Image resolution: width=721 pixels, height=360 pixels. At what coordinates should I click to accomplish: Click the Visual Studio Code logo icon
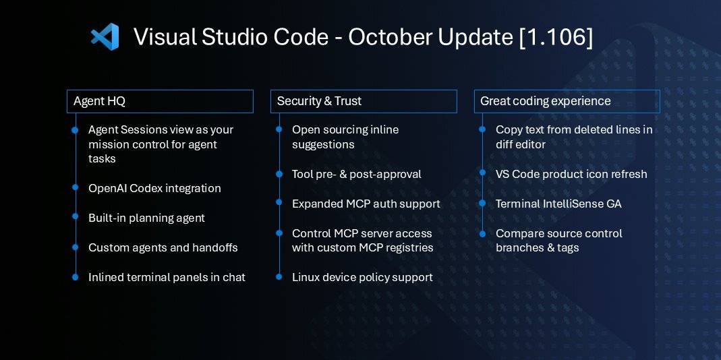pos(105,36)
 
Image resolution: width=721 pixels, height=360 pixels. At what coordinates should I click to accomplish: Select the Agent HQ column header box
pos(160,101)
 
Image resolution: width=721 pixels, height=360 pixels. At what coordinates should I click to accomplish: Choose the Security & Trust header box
pos(364,101)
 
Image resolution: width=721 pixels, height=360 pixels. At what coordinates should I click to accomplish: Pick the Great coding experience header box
pos(567,101)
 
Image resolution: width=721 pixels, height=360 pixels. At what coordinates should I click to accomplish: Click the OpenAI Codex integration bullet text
pos(154,188)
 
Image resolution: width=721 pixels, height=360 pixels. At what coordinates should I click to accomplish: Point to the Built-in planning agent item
pos(146,218)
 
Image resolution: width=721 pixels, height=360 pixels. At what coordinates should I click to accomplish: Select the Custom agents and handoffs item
pos(163,247)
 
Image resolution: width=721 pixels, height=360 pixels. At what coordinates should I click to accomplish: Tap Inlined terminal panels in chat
pos(167,277)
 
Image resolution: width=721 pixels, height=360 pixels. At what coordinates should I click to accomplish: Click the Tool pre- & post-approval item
pos(356,174)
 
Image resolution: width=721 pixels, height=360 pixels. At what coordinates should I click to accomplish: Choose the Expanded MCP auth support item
pos(366,204)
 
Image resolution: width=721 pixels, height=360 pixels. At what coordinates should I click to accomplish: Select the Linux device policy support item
pos(362,277)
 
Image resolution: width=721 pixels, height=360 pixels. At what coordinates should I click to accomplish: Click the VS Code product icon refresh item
pos(571,174)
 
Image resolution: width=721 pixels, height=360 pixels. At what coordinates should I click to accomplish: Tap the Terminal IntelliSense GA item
pos(558,204)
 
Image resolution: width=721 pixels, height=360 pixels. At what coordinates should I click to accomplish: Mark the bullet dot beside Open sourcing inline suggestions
pos(279,129)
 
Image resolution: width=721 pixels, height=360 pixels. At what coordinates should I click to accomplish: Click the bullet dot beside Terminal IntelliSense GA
pos(482,204)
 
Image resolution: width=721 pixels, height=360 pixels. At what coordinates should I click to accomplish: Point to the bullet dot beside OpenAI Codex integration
pos(75,188)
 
